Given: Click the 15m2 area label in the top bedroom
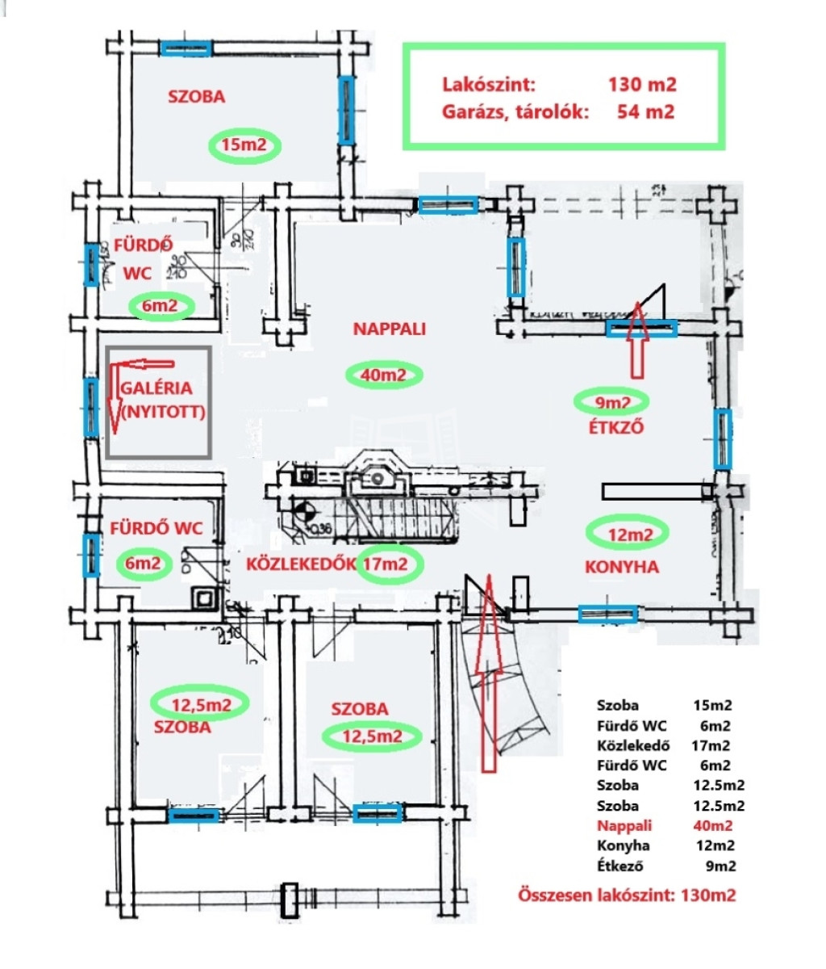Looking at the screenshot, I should pos(244,146).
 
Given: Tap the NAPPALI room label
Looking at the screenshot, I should pos(390,329).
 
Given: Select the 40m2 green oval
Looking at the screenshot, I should pos(384,375).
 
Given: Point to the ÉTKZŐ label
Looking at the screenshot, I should pos(616,428).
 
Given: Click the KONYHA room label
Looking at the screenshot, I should pos(621,567).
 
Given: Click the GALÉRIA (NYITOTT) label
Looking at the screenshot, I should pos(162,400).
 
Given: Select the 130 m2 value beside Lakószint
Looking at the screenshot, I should pos(642,85).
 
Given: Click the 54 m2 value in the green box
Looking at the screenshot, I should pos(645,111).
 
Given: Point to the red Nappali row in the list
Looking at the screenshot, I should pos(665,825).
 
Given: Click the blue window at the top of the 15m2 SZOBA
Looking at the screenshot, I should pos(186,48).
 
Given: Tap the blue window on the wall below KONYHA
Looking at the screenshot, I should pos(607,615).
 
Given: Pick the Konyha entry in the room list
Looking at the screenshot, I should pos(665,845).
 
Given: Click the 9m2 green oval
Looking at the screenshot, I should pos(611,401).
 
